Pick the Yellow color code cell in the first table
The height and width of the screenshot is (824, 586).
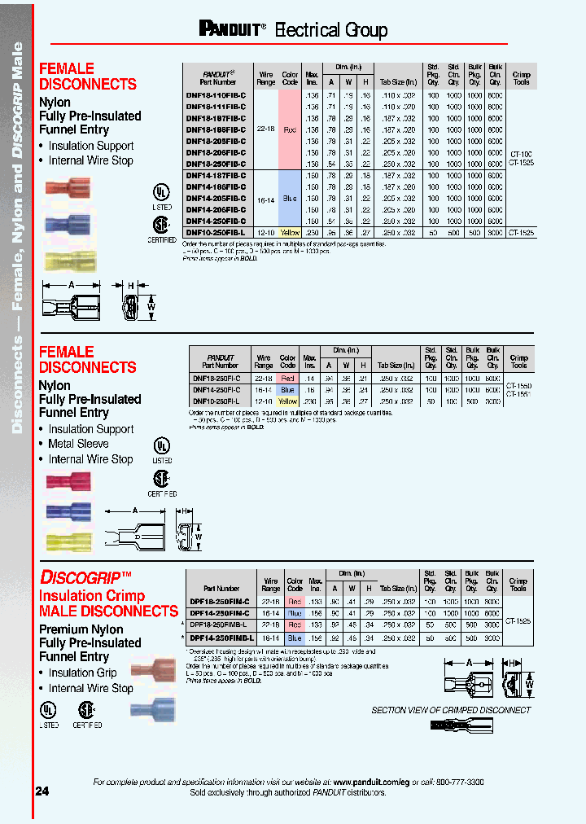pos(290,233)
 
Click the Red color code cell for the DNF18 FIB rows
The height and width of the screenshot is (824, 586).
pos(290,129)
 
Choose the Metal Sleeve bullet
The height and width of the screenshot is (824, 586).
pos(78,444)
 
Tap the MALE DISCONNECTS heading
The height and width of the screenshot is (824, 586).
pos(108,611)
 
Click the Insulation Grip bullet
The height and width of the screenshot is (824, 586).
pos(82,673)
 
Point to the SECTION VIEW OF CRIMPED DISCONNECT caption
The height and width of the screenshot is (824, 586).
pos(451,710)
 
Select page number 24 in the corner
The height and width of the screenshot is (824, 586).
pos(42,791)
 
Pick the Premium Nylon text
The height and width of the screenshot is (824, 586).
pos(81,629)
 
